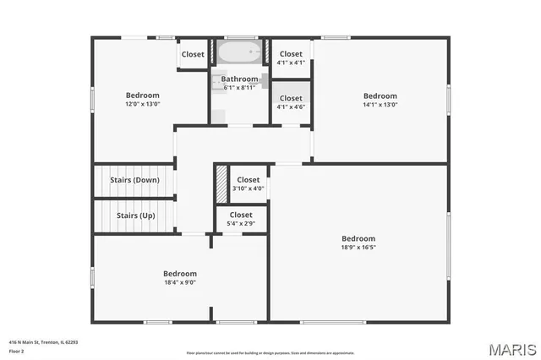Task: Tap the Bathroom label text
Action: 240,79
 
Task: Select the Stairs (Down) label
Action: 134,180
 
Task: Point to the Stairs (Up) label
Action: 135,215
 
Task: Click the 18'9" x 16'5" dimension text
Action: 358,248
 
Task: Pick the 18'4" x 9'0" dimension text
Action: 179,283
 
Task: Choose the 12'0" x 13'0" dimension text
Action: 142,104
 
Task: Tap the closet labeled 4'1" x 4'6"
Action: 291,102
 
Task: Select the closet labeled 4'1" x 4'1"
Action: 291,57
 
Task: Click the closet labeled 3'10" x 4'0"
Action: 249,183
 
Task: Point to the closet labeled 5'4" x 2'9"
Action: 240,220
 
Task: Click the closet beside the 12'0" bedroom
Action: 193,54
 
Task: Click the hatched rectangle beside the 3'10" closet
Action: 221,183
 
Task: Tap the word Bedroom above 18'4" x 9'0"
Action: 179,274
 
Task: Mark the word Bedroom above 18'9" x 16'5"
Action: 358,238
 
